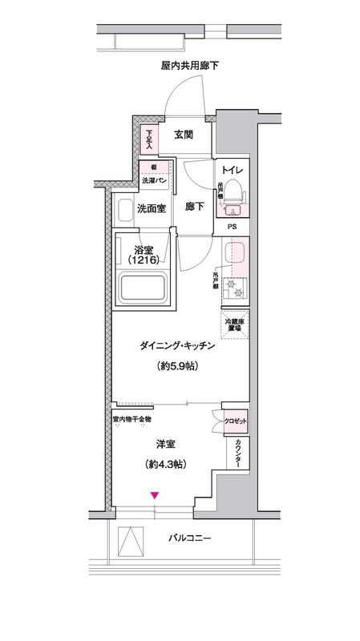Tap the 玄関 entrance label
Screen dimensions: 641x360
pyautogui.click(x=183, y=135)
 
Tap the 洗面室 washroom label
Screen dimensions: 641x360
pyautogui.click(x=151, y=209)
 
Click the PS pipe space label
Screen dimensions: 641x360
pyautogui.click(x=233, y=227)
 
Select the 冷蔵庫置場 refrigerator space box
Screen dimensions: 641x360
pyautogui.click(x=236, y=325)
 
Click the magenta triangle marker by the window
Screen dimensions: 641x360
pyautogui.click(x=155, y=496)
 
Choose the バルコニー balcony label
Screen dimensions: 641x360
pyautogui.click(x=190, y=538)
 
